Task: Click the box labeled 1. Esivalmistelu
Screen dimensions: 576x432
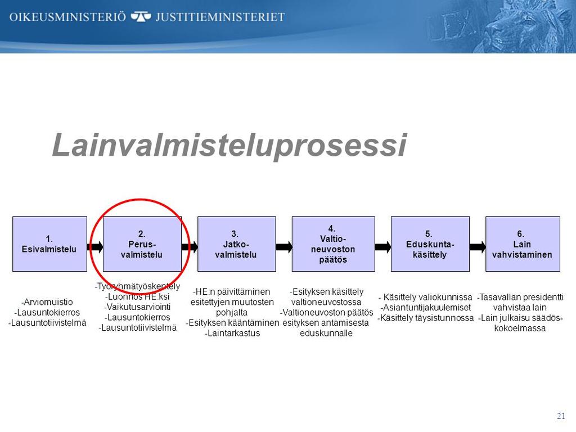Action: tap(49, 244)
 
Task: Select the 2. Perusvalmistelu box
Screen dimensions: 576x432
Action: tap(142, 244)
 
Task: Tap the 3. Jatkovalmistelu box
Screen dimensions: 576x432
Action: tap(237, 244)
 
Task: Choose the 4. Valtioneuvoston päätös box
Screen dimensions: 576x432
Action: tap(333, 244)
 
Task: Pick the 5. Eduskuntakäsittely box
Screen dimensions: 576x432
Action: tap(430, 244)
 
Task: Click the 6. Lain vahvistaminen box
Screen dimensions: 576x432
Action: tap(523, 244)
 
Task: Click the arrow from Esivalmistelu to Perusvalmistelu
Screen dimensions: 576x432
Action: tap(95, 246)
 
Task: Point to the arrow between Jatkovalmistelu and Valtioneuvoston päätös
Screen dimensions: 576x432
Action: tap(284, 246)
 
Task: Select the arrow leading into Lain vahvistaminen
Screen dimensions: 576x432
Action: tap(478, 246)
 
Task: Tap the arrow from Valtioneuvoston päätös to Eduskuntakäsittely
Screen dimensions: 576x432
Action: tap(383, 246)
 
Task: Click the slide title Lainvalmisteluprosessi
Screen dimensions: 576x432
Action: tap(229, 146)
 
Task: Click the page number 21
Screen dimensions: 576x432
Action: tap(561, 416)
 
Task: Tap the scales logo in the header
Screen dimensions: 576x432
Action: tap(141, 16)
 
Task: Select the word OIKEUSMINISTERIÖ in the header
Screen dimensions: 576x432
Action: tap(67, 17)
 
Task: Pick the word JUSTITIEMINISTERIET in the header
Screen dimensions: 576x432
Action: tap(220, 17)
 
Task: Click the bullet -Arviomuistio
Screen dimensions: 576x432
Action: tap(47, 302)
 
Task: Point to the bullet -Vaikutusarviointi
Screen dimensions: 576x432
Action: tap(137, 307)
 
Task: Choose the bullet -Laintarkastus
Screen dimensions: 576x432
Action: tap(232, 333)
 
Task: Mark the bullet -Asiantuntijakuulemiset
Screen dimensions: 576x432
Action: tap(426, 308)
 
